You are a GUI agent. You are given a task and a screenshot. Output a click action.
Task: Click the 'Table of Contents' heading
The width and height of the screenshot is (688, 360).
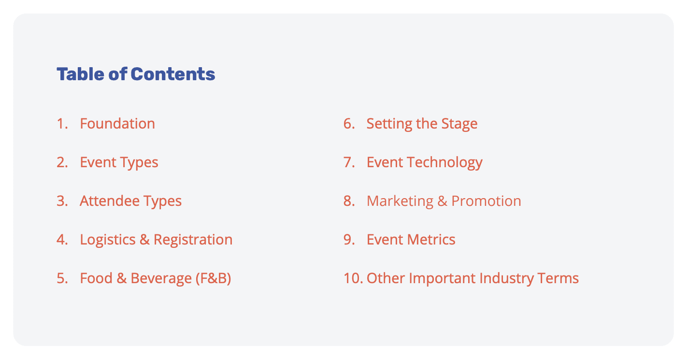pos(136,74)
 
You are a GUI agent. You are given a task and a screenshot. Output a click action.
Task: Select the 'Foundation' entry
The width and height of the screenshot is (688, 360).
pos(117,124)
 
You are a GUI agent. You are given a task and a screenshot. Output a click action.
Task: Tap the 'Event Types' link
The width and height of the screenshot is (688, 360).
pos(119,163)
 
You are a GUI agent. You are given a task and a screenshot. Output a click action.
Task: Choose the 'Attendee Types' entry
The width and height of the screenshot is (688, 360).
pos(130,202)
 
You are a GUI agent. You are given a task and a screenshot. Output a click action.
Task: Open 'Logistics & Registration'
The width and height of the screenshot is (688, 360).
pos(156,240)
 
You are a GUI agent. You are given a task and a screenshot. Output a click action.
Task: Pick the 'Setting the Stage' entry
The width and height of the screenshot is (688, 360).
pos(422,124)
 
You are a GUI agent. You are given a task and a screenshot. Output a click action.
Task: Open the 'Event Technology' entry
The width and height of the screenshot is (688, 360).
pos(425,163)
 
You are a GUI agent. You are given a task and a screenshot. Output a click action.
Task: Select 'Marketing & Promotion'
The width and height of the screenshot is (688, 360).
pos(444,201)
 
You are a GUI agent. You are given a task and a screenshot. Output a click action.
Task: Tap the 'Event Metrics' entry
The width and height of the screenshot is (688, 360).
pos(411,240)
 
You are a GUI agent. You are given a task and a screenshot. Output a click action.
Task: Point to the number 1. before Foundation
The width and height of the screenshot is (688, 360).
pos(62,124)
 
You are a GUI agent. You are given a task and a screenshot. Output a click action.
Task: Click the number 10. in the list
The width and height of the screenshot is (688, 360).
pos(353,278)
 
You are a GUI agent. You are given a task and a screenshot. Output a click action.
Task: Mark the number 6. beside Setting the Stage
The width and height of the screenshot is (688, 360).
pos(349,124)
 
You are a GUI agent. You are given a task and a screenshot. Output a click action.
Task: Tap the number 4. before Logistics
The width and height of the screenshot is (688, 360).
pos(62,240)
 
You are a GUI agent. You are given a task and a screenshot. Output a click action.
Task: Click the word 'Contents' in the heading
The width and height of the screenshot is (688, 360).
pos(173,74)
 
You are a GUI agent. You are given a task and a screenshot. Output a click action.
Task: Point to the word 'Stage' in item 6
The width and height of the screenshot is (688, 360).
pos(459,124)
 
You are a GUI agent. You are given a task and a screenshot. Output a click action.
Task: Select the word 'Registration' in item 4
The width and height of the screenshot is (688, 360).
pos(193,240)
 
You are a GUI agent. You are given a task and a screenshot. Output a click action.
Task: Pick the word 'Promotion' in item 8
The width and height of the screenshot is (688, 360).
pos(486,201)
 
